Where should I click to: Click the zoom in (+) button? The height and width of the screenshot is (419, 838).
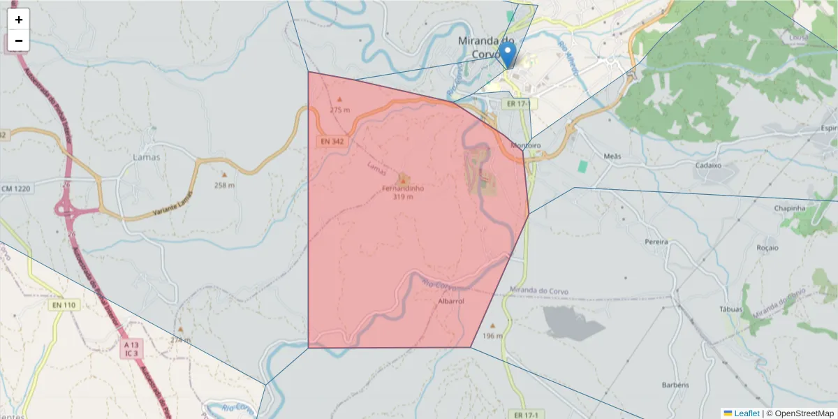tap(19, 20)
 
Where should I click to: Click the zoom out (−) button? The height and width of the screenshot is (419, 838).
tap(19, 41)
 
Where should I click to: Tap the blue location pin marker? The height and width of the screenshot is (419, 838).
tap(508, 54)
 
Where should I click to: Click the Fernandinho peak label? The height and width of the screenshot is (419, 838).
tap(403, 189)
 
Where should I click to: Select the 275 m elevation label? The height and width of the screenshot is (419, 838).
tap(340, 110)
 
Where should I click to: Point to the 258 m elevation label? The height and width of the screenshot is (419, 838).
tap(224, 185)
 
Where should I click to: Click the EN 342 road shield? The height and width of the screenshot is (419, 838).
tap(332, 142)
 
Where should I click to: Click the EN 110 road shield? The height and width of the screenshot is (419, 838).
tap(63, 305)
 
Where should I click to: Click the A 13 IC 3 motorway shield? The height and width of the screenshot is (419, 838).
tap(131, 349)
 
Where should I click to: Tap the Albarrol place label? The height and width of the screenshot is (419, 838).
tap(450, 302)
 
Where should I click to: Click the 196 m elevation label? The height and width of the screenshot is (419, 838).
tap(492, 336)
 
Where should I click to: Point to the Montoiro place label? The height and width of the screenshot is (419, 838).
tap(526, 146)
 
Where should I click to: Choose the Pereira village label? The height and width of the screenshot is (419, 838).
tap(657, 242)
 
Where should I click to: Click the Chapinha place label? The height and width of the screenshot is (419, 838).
tap(790, 208)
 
